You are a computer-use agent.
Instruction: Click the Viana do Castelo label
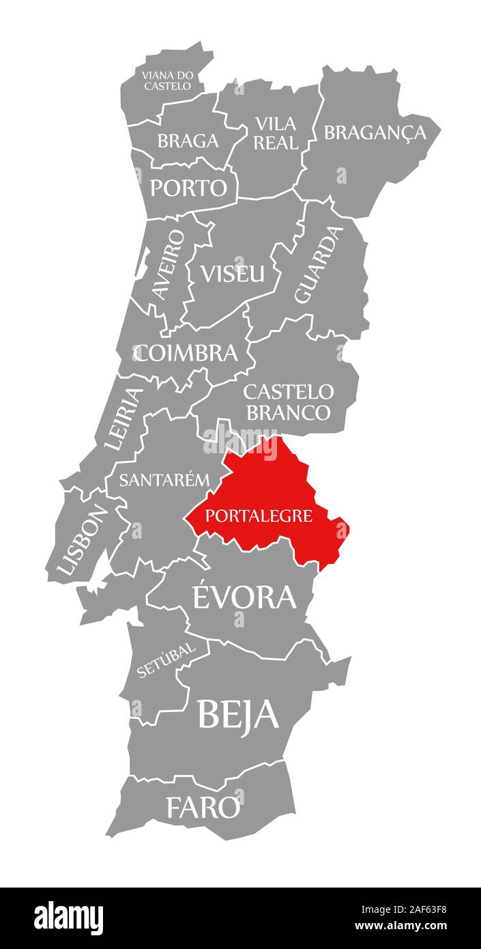[166, 80]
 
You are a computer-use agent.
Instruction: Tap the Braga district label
[188, 141]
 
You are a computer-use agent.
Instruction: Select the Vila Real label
[276, 133]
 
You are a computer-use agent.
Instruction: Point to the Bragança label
[375, 132]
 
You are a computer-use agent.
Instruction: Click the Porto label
[188, 188]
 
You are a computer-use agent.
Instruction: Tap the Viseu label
[232, 273]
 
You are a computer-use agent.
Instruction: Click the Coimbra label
[186, 353]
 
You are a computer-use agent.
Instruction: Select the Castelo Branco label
[288, 402]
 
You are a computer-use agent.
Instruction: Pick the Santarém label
[164, 479]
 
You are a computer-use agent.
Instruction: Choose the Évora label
[244, 597]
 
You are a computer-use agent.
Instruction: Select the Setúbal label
[166, 660]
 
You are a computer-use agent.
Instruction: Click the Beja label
[238, 714]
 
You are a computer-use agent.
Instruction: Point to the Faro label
[203, 808]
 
